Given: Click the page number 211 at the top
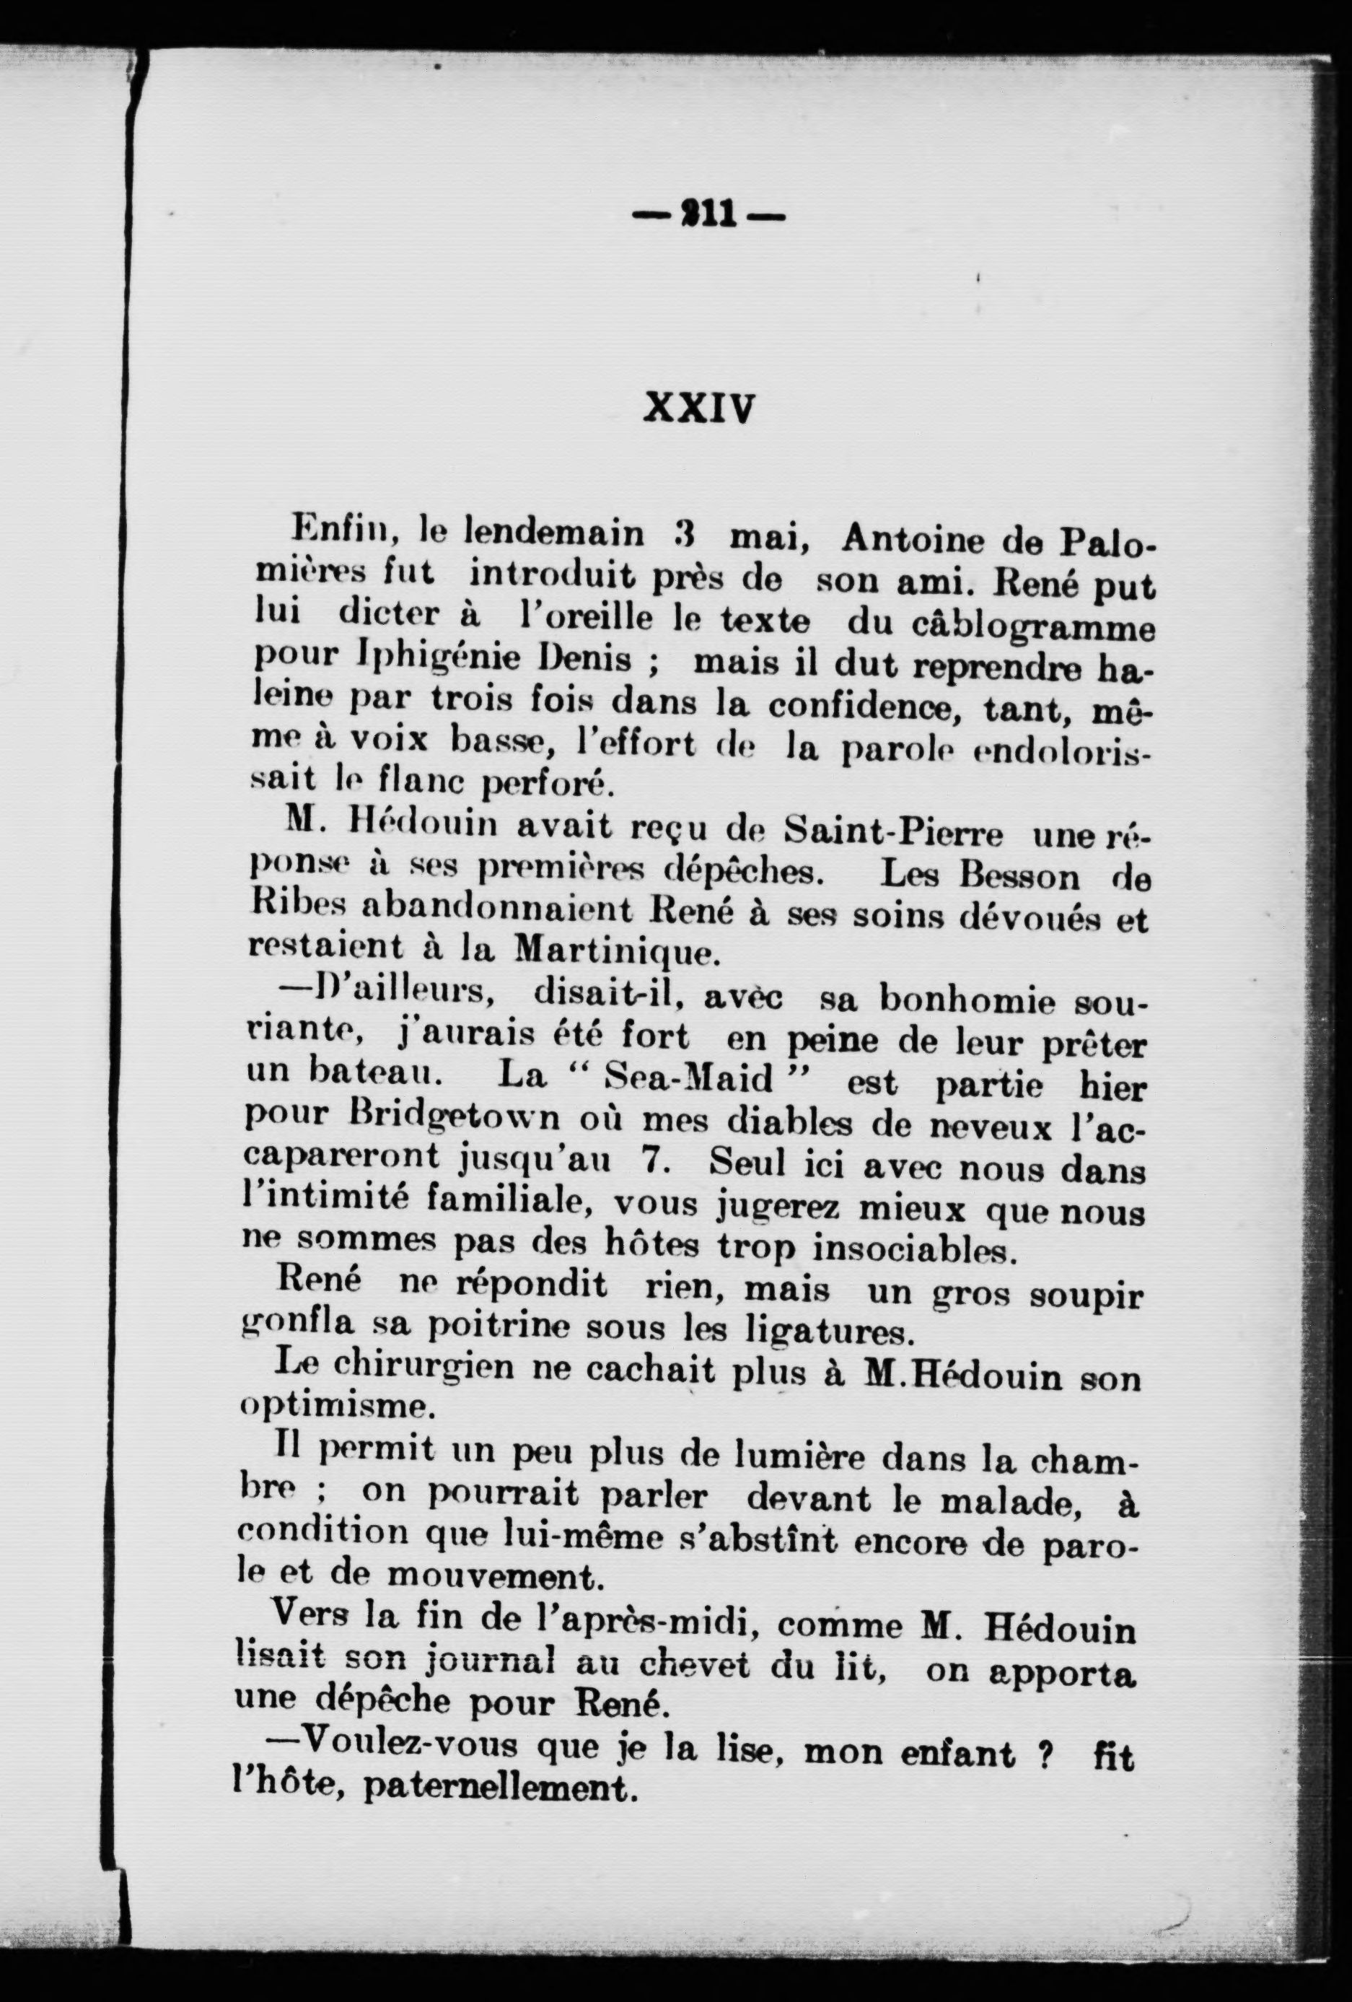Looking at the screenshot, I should coord(708,214).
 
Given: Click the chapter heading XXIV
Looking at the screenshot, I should coord(698,408).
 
